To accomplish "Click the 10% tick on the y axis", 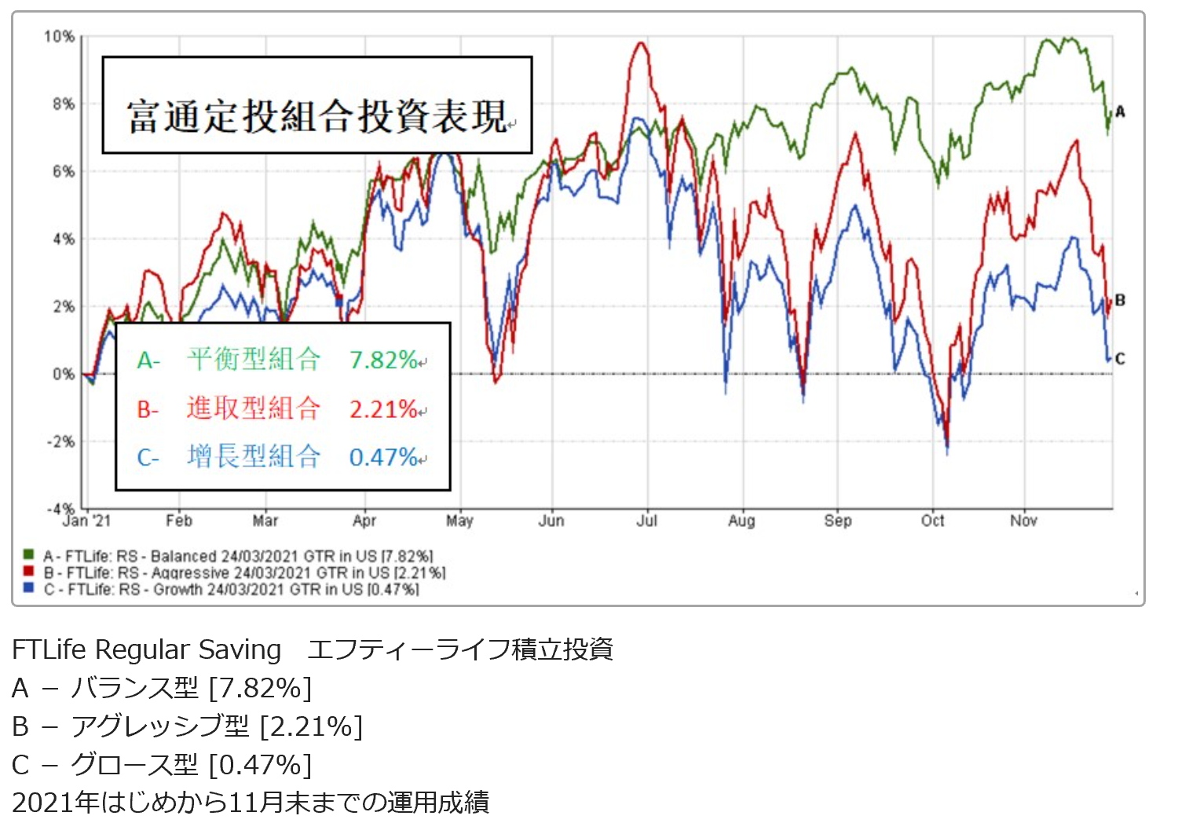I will pos(59,36).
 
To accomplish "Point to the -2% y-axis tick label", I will pos(60,441).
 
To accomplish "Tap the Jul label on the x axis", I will pos(646,521).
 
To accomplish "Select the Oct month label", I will pos(932,521).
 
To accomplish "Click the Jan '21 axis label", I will pos(86,521).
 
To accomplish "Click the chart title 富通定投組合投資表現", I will pos(317,116).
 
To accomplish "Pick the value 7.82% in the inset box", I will pos(383,360).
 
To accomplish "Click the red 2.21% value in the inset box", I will pos(383,408).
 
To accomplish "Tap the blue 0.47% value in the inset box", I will pos(383,457).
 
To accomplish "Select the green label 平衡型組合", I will pos(254,360).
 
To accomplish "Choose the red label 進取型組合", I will pos(254,408).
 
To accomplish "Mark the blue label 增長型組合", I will pos(254,456).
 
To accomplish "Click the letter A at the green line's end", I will pos(1120,112).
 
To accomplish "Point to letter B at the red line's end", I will pos(1120,300).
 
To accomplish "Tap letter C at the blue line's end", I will pos(1120,359).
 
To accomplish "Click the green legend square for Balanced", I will pos(29,555).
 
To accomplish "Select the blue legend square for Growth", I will pos(29,588).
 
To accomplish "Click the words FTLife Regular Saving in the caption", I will pos(147,649).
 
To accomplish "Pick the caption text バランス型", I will pos(134,688).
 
